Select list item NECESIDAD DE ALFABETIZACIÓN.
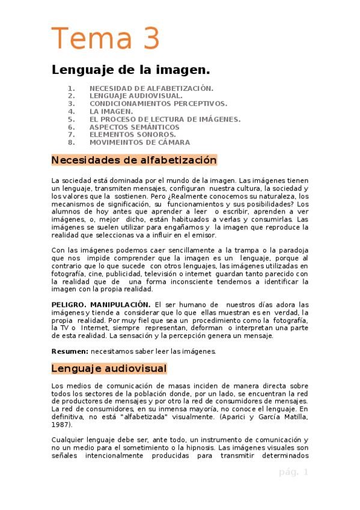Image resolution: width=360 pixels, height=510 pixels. point(151,87)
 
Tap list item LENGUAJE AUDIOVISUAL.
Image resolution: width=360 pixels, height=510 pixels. point(136,95)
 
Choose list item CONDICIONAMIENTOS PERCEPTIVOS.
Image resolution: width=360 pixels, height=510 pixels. point(158,103)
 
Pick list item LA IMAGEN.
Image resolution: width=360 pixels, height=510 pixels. point(111,111)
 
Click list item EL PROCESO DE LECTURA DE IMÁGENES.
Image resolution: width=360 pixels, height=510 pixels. point(165,119)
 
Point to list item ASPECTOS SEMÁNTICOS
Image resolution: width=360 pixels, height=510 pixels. point(134,127)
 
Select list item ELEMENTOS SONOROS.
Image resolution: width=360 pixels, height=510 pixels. point(132,135)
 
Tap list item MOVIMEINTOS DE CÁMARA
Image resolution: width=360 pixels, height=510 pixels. point(139,143)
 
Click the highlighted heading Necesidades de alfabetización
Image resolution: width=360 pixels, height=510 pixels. point(133,161)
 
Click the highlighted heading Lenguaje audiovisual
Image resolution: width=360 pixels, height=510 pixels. point(109,367)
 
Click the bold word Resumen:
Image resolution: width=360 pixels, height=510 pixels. point(69,351)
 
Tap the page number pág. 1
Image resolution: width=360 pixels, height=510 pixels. point(293,472)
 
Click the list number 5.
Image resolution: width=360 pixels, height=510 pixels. point(72,119)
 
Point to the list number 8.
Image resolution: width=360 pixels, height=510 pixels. point(72,143)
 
